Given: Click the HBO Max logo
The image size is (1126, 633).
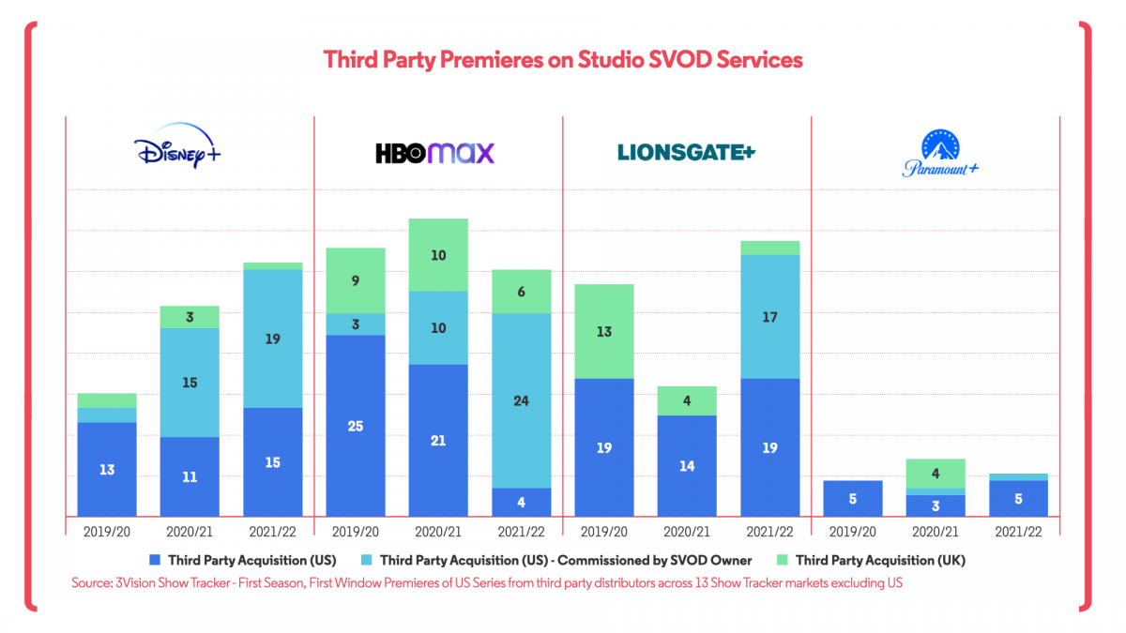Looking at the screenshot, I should click(436, 153).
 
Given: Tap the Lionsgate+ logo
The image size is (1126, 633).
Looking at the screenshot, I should click(686, 152).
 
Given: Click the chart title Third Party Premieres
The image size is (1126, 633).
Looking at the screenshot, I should click(563, 59).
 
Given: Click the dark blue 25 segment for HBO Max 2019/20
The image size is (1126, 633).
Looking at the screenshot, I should click(356, 426).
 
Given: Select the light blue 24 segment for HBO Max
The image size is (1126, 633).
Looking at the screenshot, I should click(522, 400).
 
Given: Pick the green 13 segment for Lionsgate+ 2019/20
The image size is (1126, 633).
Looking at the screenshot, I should click(604, 331).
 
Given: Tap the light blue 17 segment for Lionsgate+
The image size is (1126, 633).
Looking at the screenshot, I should click(769, 317).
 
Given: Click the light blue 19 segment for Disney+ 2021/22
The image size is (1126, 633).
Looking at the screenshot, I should click(272, 339).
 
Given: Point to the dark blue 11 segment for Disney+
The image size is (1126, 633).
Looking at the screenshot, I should click(190, 476).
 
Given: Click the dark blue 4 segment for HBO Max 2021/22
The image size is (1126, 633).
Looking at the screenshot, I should click(522, 502).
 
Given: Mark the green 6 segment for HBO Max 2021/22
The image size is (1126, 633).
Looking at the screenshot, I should click(522, 292).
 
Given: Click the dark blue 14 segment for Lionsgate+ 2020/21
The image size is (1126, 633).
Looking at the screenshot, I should click(687, 465).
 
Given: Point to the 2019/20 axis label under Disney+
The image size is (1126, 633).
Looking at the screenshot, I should click(107, 531).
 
